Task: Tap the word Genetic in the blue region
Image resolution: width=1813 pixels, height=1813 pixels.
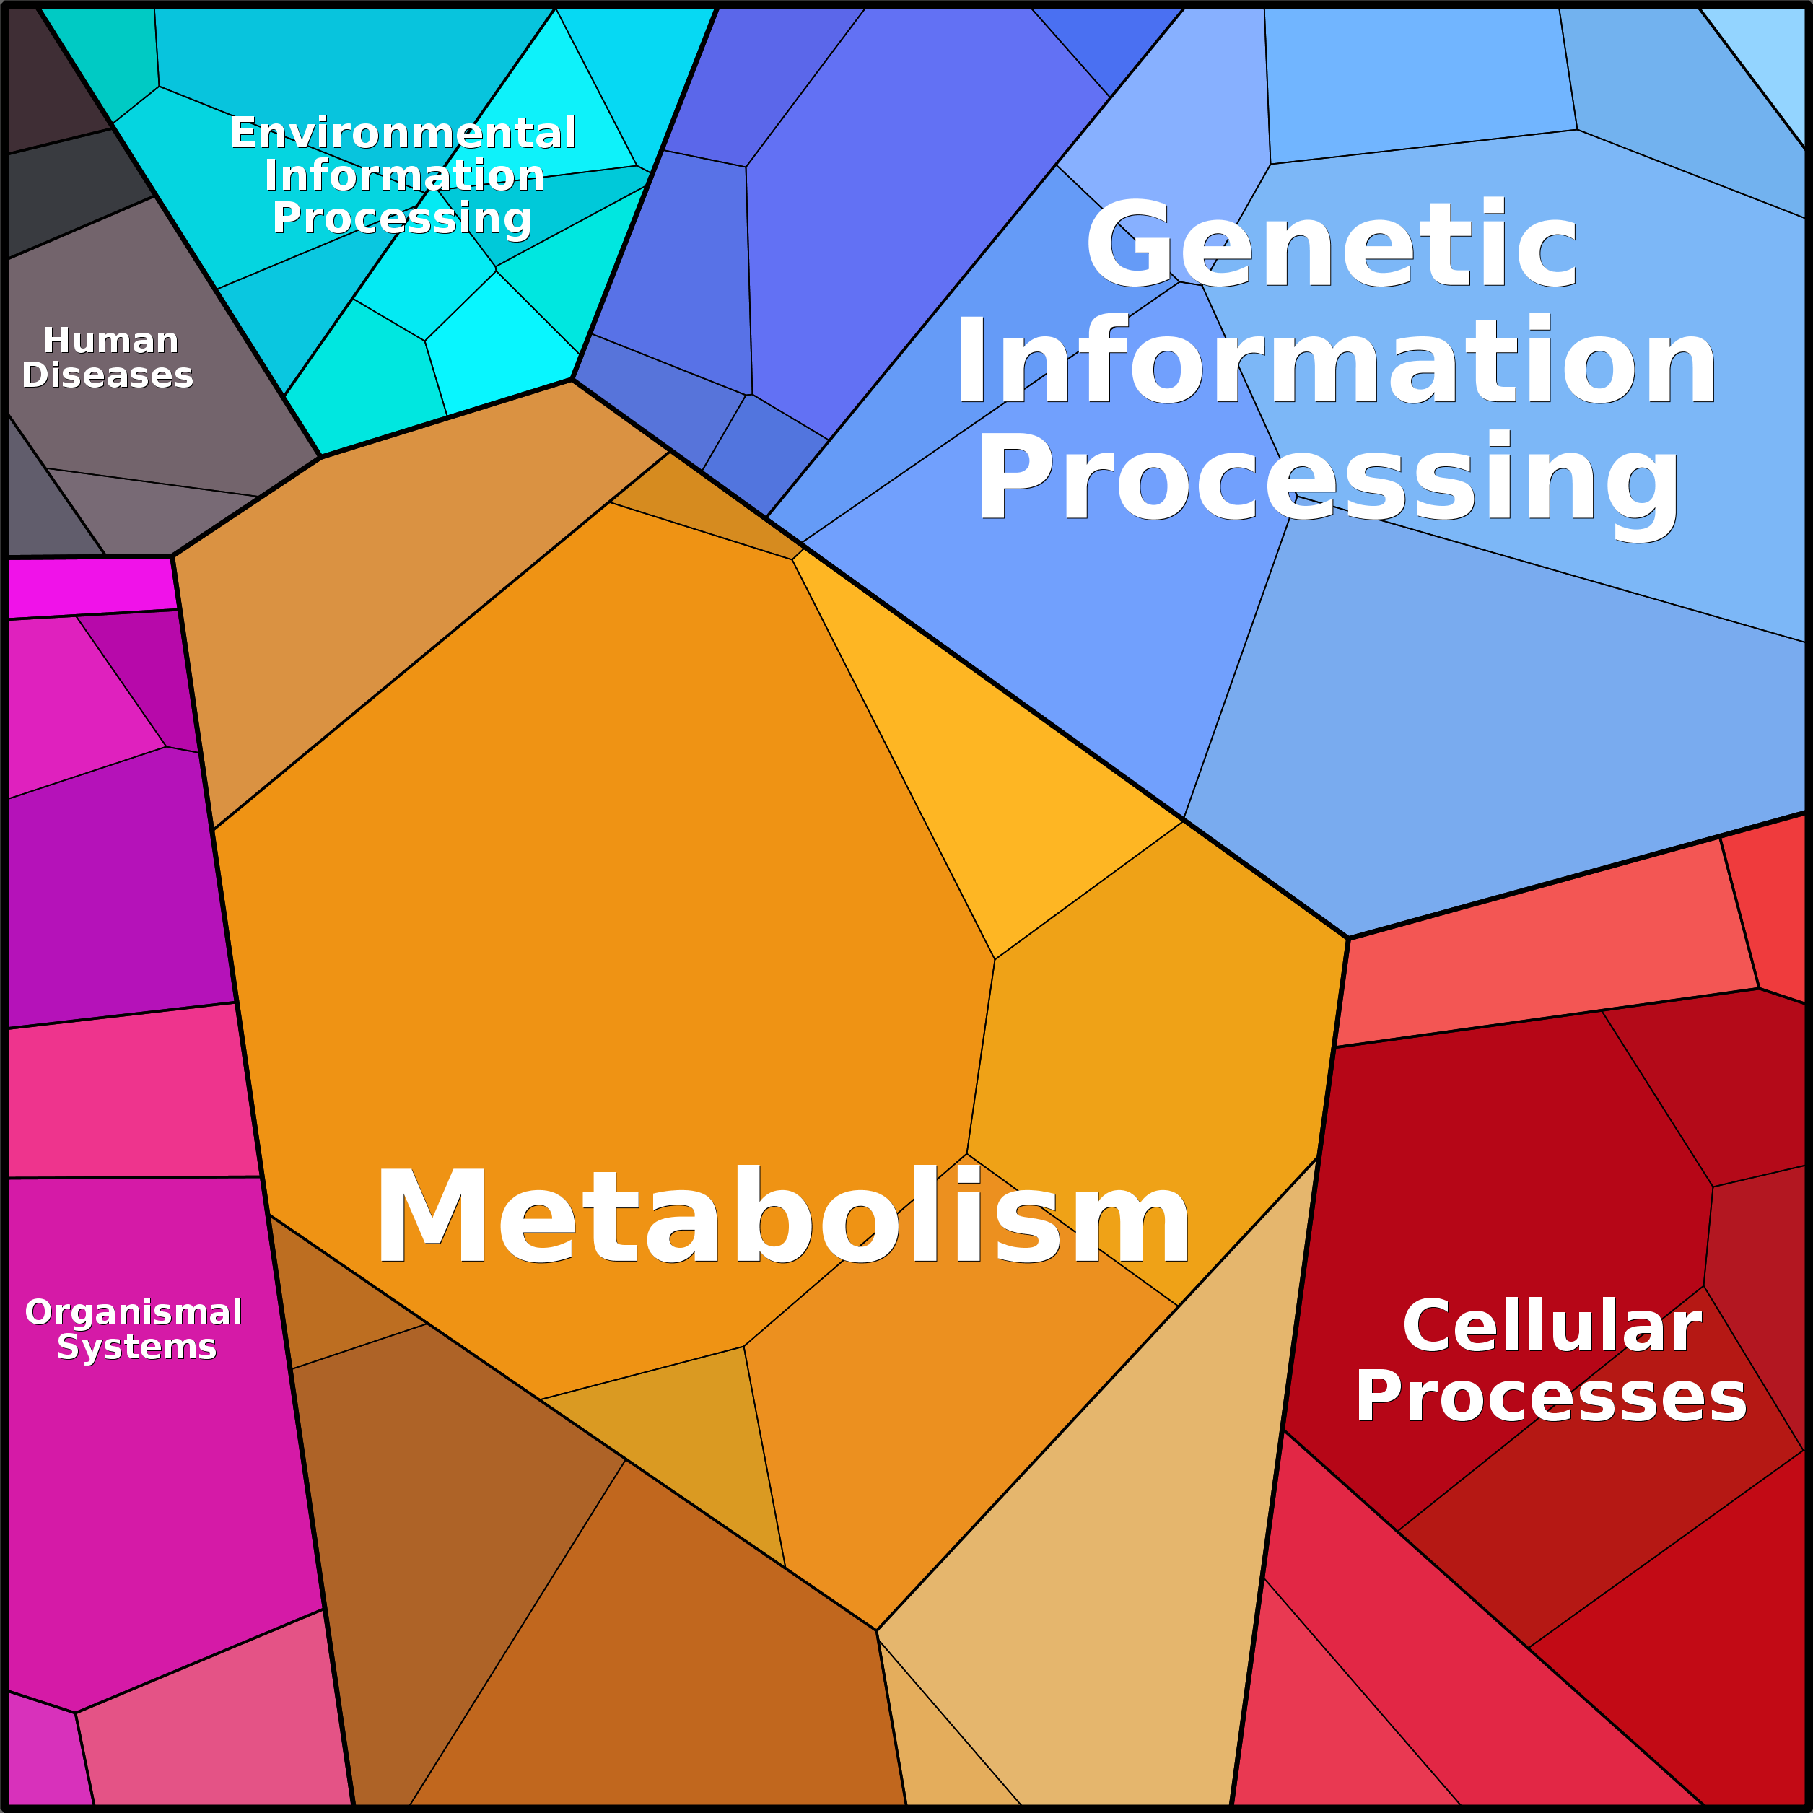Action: coord(1331,244)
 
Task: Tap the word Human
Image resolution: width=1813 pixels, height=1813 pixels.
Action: coord(110,340)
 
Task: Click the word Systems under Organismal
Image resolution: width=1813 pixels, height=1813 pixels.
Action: coord(137,1347)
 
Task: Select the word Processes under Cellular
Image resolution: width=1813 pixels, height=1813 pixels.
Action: coord(1550,1397)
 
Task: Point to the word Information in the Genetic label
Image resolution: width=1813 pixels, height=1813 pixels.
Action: coord(1335,362)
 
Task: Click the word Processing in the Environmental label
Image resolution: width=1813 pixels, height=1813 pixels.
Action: coord(403,218)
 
